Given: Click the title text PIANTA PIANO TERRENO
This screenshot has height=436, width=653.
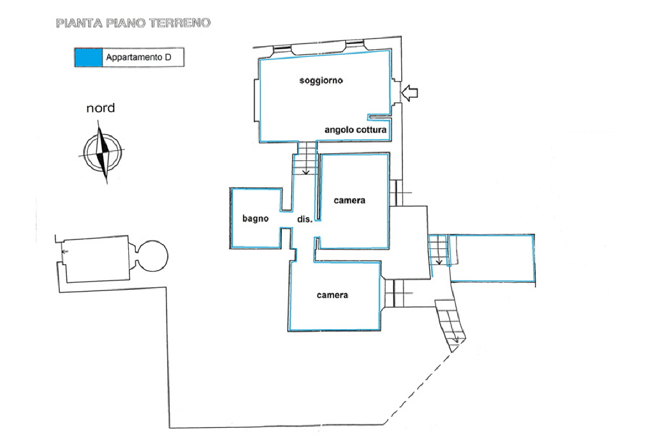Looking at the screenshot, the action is pos(133,23).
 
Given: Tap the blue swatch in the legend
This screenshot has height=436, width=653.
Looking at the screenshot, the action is pos(88,57).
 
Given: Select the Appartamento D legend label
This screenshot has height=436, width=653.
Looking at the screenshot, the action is pos(138,57).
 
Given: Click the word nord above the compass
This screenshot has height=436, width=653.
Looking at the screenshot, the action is pos(100,109).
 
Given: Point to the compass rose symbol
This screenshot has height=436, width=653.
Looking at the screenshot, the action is pos(102,152).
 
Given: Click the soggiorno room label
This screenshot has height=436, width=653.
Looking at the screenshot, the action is pos(321,80).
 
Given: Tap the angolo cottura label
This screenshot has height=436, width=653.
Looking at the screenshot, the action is pos(355,130).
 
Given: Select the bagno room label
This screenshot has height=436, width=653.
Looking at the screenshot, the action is pos(255,218).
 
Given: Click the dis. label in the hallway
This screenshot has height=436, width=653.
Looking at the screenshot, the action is pos(304,219).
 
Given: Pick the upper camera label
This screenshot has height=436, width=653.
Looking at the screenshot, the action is pos(349,200).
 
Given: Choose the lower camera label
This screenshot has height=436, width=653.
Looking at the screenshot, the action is pos(332,295).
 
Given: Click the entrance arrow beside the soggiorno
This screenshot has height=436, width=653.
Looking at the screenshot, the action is pos(410,93).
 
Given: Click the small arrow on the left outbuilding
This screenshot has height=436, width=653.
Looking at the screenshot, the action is pos(64,252).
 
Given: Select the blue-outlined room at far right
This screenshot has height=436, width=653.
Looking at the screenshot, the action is pos(492,258).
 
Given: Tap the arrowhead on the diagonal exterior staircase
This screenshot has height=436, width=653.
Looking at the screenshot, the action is pos(455,340).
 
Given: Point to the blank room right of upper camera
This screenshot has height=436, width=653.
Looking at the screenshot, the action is pos(409,242).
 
